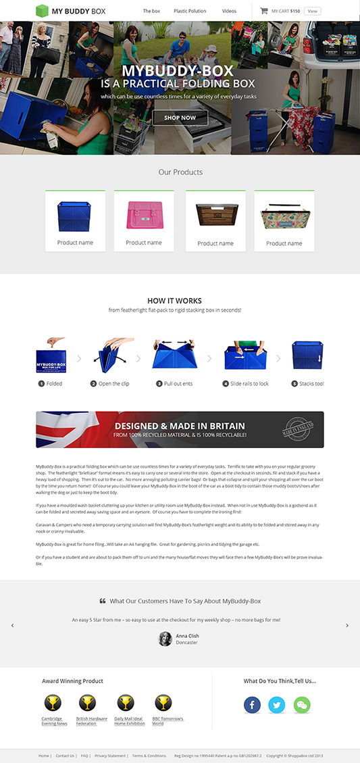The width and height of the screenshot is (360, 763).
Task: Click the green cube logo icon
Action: click(x=43, y=11)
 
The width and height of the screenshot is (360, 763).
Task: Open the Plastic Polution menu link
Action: click(x=190, y=11)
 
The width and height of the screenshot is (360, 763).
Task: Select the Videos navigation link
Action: click(x=229, y=11)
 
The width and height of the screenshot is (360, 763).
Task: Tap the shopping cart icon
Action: click(x=264, y=11)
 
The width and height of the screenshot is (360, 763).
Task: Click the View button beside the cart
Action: click(x=312, y=11)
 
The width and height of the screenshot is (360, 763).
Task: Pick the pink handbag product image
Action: click(x=144, y=215)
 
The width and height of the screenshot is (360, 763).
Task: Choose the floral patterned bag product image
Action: click(x=284, y=216)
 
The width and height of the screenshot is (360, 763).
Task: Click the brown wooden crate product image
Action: click(x=215, y=216)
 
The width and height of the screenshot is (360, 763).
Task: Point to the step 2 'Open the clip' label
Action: click(x=113, y=383)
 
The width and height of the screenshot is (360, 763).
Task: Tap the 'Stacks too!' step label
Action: click(x=311, y=383)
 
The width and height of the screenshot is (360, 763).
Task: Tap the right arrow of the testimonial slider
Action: click(x=347, y=625)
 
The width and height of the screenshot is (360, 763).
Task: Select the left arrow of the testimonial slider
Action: click(x=12, y=625)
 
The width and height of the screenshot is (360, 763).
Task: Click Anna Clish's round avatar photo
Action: click(x=165, y=639)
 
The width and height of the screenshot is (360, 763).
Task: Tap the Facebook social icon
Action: click(x=252, y=705)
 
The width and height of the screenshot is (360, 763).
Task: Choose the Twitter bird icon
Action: click(x=277, y=705)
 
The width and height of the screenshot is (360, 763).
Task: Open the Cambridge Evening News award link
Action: click(x=54, y=721)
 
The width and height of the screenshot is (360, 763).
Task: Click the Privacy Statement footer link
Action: click(x=110, y=756)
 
